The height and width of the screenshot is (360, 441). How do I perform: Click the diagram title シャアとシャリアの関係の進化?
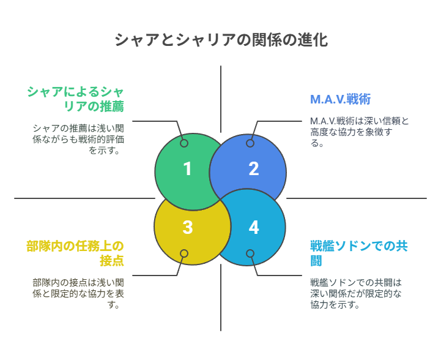pyautogui.click(x=221, y=40)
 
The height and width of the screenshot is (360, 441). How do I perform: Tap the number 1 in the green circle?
pyautogui.click(x=187, y=169)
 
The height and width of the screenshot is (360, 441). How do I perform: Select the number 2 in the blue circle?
pyautogui.click(x=254, y=169)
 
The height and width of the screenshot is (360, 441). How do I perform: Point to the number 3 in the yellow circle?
pyautogui.click(x=188, y=227)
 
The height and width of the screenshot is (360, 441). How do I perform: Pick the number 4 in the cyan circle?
pyautogui.click(x=254, y=227)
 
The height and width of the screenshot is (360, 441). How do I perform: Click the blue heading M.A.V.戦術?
pyautogui.click(x=340, y=99)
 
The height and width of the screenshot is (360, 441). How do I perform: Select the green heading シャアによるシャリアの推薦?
pyautogui.click(x=76, y=99)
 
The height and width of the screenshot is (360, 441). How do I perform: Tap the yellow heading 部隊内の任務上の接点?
pyautogui.click(x=75, y=253)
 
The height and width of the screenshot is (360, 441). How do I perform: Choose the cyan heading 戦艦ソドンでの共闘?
pyautogui.click(x=359, y=253)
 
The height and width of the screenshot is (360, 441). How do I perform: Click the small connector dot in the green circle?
pyautogui.click(x=184, y=143)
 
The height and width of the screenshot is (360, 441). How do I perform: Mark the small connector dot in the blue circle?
pyautogui.click(x=250, y=143)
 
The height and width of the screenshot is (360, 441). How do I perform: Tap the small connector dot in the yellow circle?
pyautogui.click(x=184, y=253)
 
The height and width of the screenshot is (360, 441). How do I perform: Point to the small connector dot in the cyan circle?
pyautogui.click(x=250, y=253)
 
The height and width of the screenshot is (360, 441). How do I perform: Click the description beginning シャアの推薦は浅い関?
pyautogui.click(x=78, y=140)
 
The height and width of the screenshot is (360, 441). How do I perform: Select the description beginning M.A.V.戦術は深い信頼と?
pyautogui.click(x=360, y=132)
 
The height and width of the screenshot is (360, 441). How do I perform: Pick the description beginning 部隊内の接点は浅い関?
pyautogui.click(x=78, y=294)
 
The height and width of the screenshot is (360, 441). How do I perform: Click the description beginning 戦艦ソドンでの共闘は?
pyautogui.click(x=356, y=294)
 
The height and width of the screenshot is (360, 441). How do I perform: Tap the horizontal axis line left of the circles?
pyautogui.click(x=84, y=198)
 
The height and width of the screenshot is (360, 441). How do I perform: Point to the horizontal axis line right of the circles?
pyautogui.click(x=357, y=198)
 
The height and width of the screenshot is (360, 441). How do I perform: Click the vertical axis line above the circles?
pyautogui.click(x=221, y=99)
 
